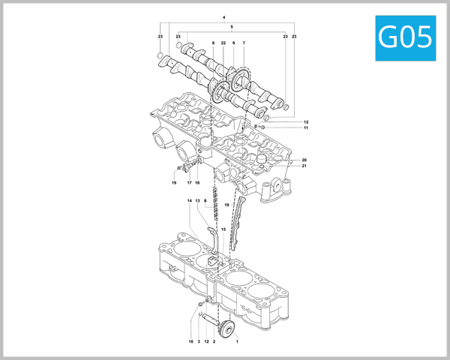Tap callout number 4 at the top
(223, 16)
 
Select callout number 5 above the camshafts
(232, 27)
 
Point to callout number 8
(213, 43)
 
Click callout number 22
(223, 43)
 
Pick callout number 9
(233, 43)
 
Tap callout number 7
(244, 43)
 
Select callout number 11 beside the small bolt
(306, 128)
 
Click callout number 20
(304, 160)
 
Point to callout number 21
(304, 166)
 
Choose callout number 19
(172, 182)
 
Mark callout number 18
(198, 182)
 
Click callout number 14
(190, 201)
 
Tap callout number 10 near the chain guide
(226, 205)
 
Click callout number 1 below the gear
(238, 341)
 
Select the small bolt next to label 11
(261, 127)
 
